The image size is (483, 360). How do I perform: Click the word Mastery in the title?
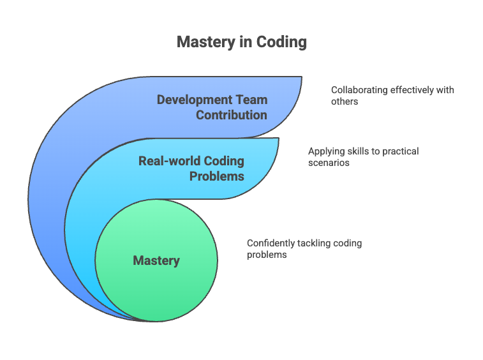pos(205,42)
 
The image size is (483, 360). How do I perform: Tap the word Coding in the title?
pos(281,42)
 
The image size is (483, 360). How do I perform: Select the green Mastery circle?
pos(156,260)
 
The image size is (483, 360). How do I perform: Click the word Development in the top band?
pos(195,100)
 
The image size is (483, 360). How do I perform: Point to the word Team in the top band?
pos(251,100)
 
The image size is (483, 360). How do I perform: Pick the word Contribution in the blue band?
pos(232,115)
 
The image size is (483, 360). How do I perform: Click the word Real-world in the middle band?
pos(170,161)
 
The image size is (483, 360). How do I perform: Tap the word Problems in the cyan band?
pos(217,176)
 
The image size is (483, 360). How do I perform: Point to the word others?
pos(345,101)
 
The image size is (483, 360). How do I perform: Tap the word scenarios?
pos(329,163)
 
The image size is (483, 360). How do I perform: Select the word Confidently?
pos(271,243)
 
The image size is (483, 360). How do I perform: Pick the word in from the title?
pos(246,42)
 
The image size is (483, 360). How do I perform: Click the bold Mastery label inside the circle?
pos(156,261)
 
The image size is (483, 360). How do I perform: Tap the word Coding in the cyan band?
pos(224,161)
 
